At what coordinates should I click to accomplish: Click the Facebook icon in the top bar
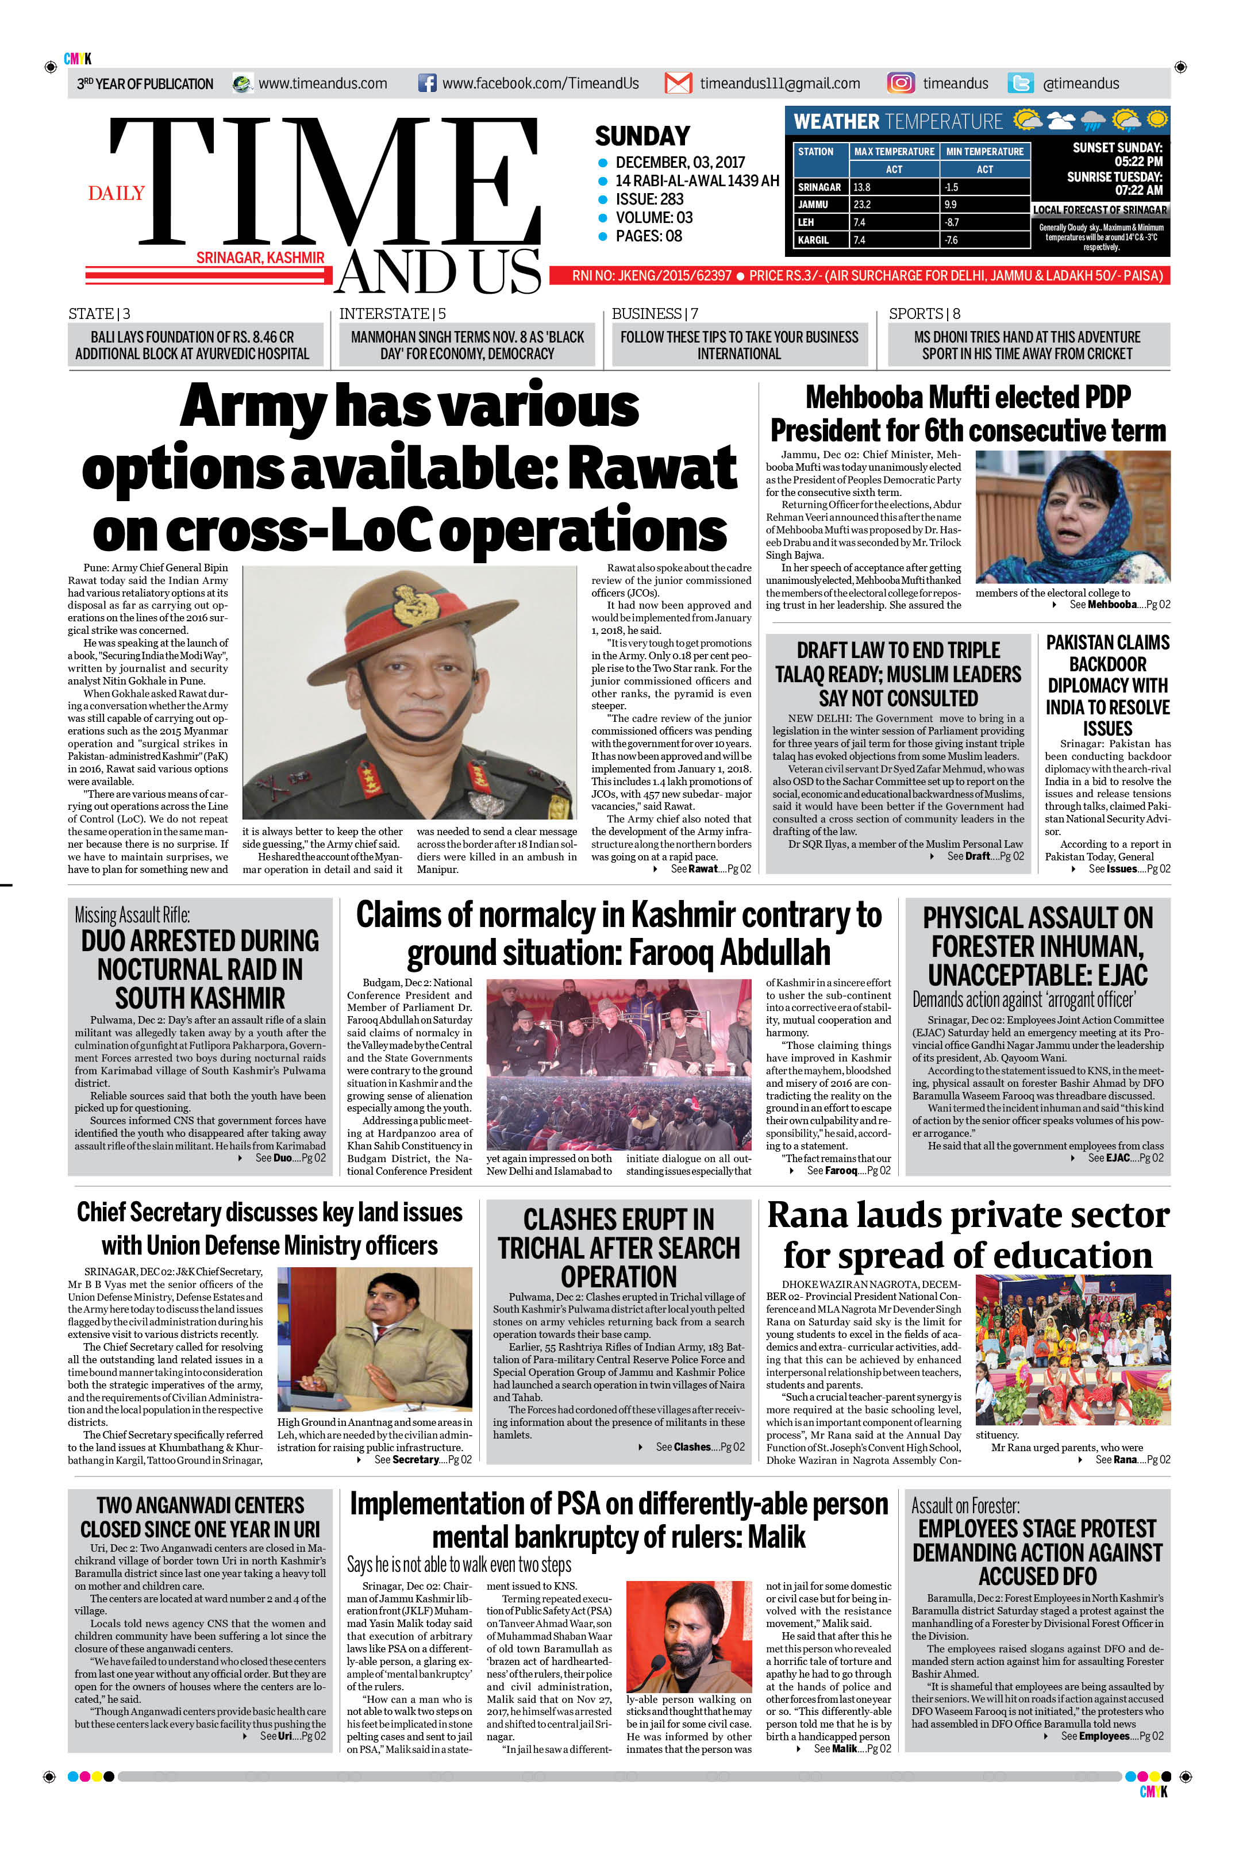click(x=426, y=83)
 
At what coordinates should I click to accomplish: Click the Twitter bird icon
click(x=1020, y=83)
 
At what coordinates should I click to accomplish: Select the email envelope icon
click(x=678, y=83)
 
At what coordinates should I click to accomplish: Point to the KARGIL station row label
click(x=813, y=240)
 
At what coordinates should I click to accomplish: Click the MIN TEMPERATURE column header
click(x=984, y=151)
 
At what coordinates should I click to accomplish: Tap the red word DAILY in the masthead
click(x=116, y=193)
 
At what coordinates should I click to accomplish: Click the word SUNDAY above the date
click(x=642, y=136)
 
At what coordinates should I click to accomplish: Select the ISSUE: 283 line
click(x=649, y=199)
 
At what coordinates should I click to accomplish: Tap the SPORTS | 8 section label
click(x=924, y=314)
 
